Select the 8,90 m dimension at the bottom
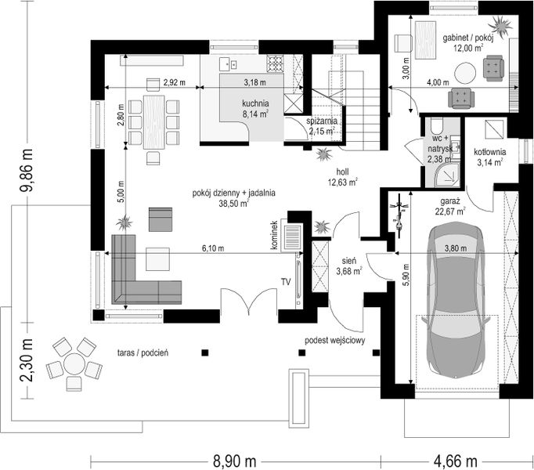(235, 461)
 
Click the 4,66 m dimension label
(456, 461)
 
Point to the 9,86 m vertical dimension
(26, 171)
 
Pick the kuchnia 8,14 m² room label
(255, 108)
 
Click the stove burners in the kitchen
(275, 63)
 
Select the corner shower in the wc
(449, 174)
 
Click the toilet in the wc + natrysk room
(436, 125)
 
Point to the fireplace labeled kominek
(291, 237)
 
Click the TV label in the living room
(286, 281)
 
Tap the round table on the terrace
(74, 364)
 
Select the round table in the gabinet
(465, 73)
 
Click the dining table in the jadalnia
(154, 122)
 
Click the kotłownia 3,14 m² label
(489, 157)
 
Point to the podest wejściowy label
(335, 340)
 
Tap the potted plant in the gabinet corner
(500, 26)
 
